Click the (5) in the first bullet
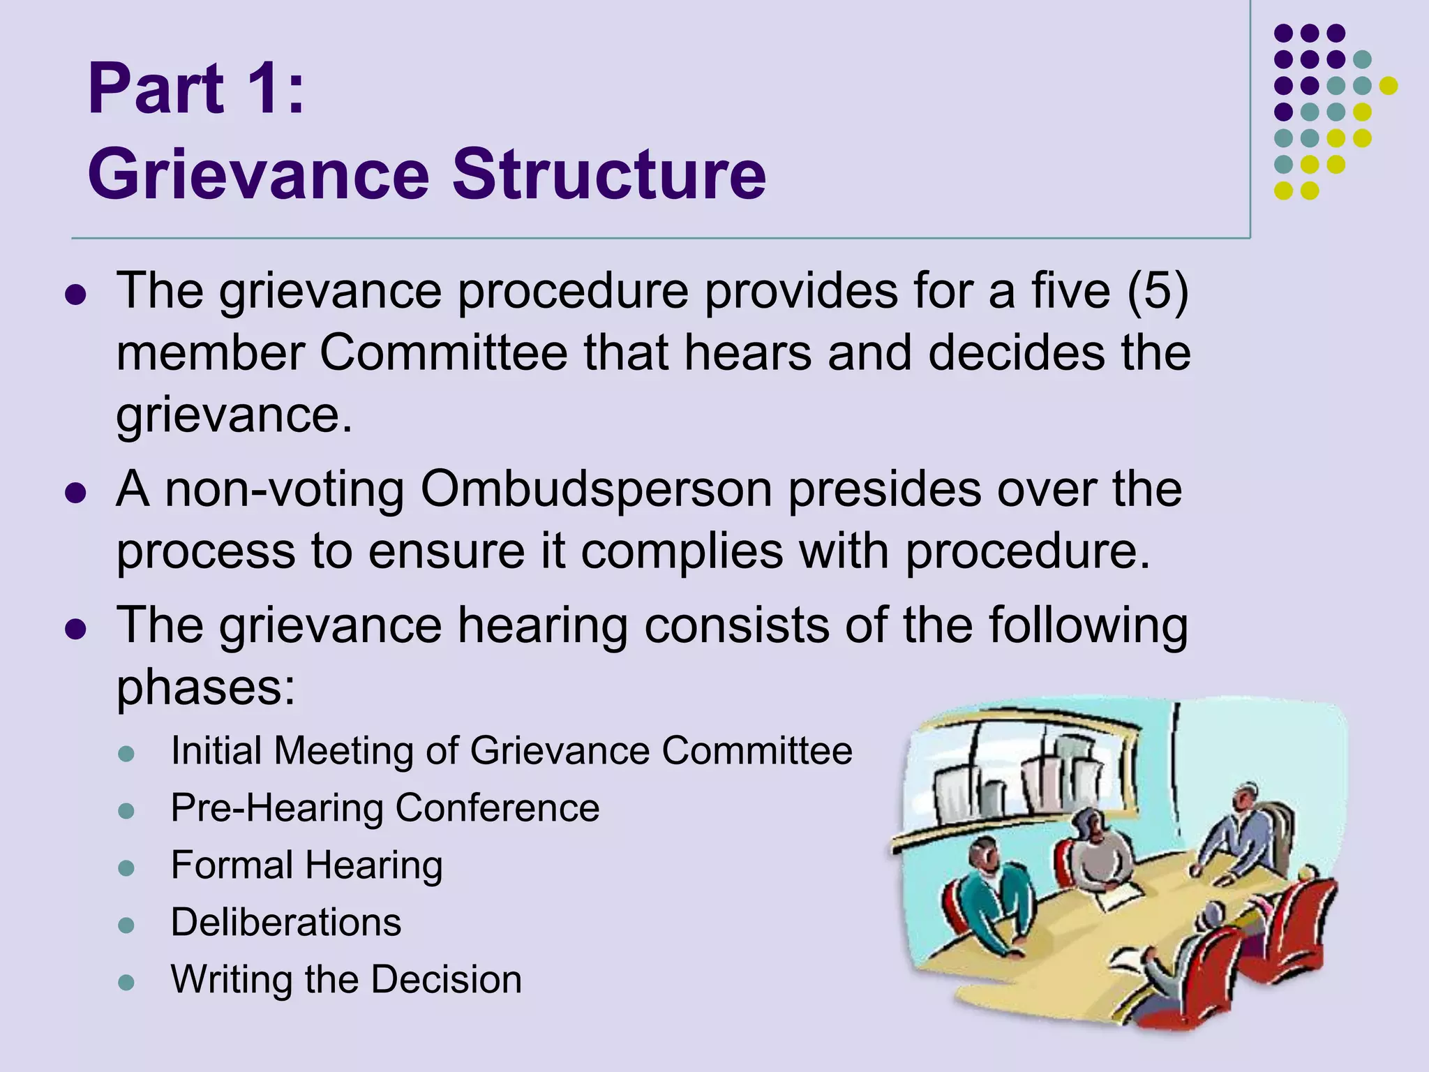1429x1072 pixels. (x=1158, y=290)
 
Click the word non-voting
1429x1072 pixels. (x=285, y=489)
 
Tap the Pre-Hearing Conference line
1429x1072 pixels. (x=385, y=808)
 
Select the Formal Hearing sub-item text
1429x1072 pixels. (x=307, y=865)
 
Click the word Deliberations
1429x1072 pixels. (x=286, y=922)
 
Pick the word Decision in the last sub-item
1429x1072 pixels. (x=447, y=979)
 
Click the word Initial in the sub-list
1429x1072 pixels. (x=216, y=751)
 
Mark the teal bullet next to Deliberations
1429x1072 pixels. (x=126, y=925)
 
